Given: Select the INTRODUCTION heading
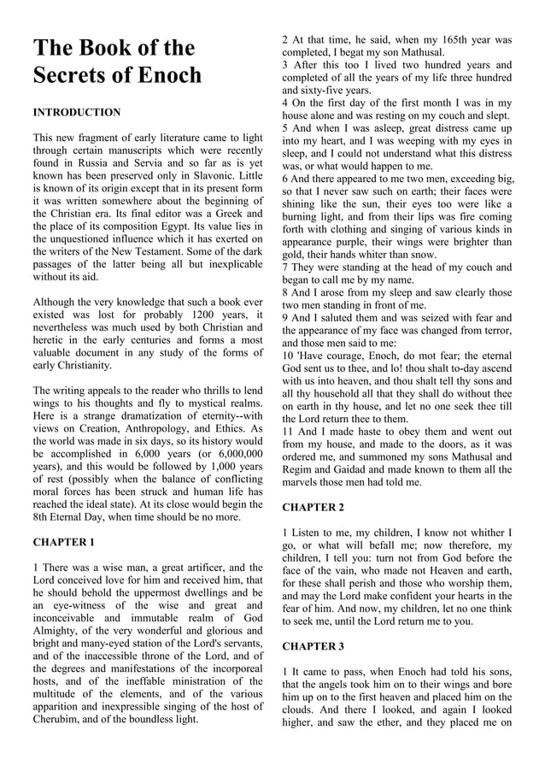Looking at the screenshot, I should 76,113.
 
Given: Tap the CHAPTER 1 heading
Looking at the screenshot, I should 63,542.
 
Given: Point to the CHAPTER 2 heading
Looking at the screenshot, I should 313,508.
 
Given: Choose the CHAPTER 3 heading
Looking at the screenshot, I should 313,646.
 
